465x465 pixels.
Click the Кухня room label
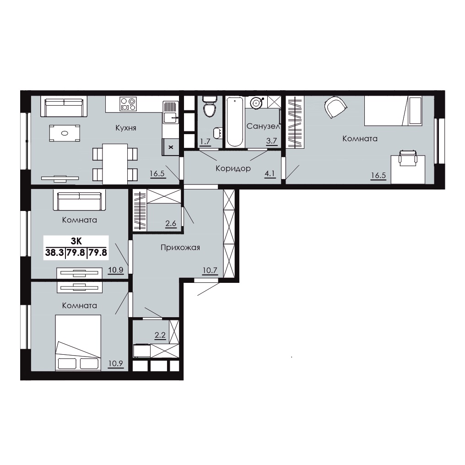(126, 128)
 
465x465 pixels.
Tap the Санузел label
(263, 126)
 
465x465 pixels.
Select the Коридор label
(233, 168)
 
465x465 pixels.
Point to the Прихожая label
(180, 247)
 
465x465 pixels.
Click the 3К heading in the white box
(76, 241)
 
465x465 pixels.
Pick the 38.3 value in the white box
(54, 253)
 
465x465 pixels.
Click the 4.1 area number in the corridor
(270, 173)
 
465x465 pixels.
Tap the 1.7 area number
(205, 141)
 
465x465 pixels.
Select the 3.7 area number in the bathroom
(271, 141)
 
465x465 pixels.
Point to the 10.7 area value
(210, 270)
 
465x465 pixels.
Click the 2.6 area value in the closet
(171, 223)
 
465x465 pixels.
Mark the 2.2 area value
(160, 335)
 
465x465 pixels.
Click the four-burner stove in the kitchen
(128, 104)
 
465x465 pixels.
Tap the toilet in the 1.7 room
(210, 106)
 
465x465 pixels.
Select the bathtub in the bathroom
(235, 122)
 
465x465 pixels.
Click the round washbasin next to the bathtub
(256, 103)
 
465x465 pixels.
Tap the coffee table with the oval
(65, 133)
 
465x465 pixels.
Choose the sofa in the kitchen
(64, 106)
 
